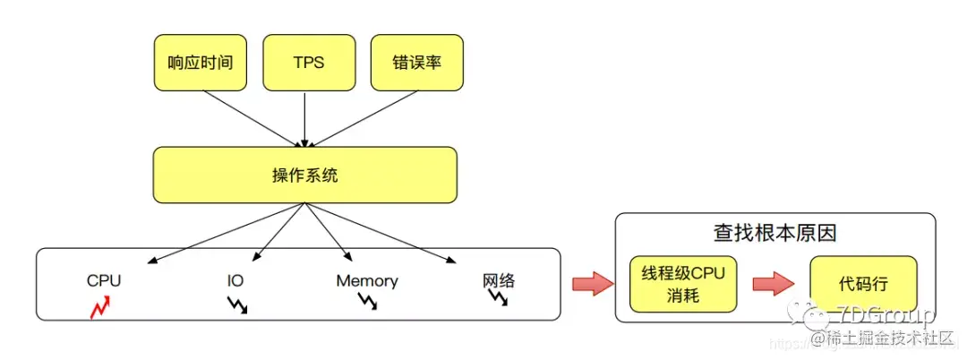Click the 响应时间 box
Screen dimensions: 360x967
click(201, 63)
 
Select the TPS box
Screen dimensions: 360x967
click(308, 63)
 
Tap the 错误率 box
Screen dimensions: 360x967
click(416, 63)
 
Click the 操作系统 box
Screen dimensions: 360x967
click(304, 175)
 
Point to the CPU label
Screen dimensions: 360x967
click(104, 280)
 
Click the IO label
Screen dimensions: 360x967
click(235, 280)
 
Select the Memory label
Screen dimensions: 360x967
click(367, 280)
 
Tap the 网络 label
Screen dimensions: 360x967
click(499, 280)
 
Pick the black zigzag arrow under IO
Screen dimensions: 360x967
click(236, 304)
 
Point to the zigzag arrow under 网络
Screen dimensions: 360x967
click(499, 298)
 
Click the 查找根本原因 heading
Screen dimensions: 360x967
click(774, 233)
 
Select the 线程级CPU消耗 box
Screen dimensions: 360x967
click(683, 284)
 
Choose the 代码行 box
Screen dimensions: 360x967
click(863, 284)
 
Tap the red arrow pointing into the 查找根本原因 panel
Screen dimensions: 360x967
click(591, 284)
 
